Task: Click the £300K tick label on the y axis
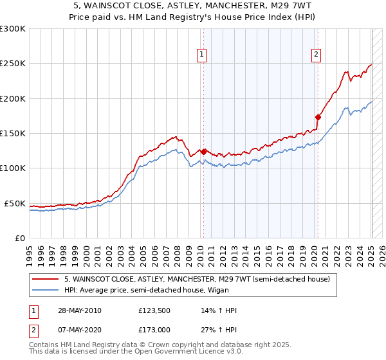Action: pyautogui.click(x=13, y=29)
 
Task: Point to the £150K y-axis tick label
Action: pyautogui.click(x=13, y=134)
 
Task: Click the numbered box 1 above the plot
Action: pyautogui.click(x=202, y=55)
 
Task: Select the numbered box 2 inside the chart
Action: pyautogui.click(x=317, y=55)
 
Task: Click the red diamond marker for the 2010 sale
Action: pyautogui.click(x=204, y=152)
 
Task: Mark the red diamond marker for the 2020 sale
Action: pyautogui.click(x=318, y=117)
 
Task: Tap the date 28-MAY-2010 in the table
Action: pyautogui.click(x=80, y=310)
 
